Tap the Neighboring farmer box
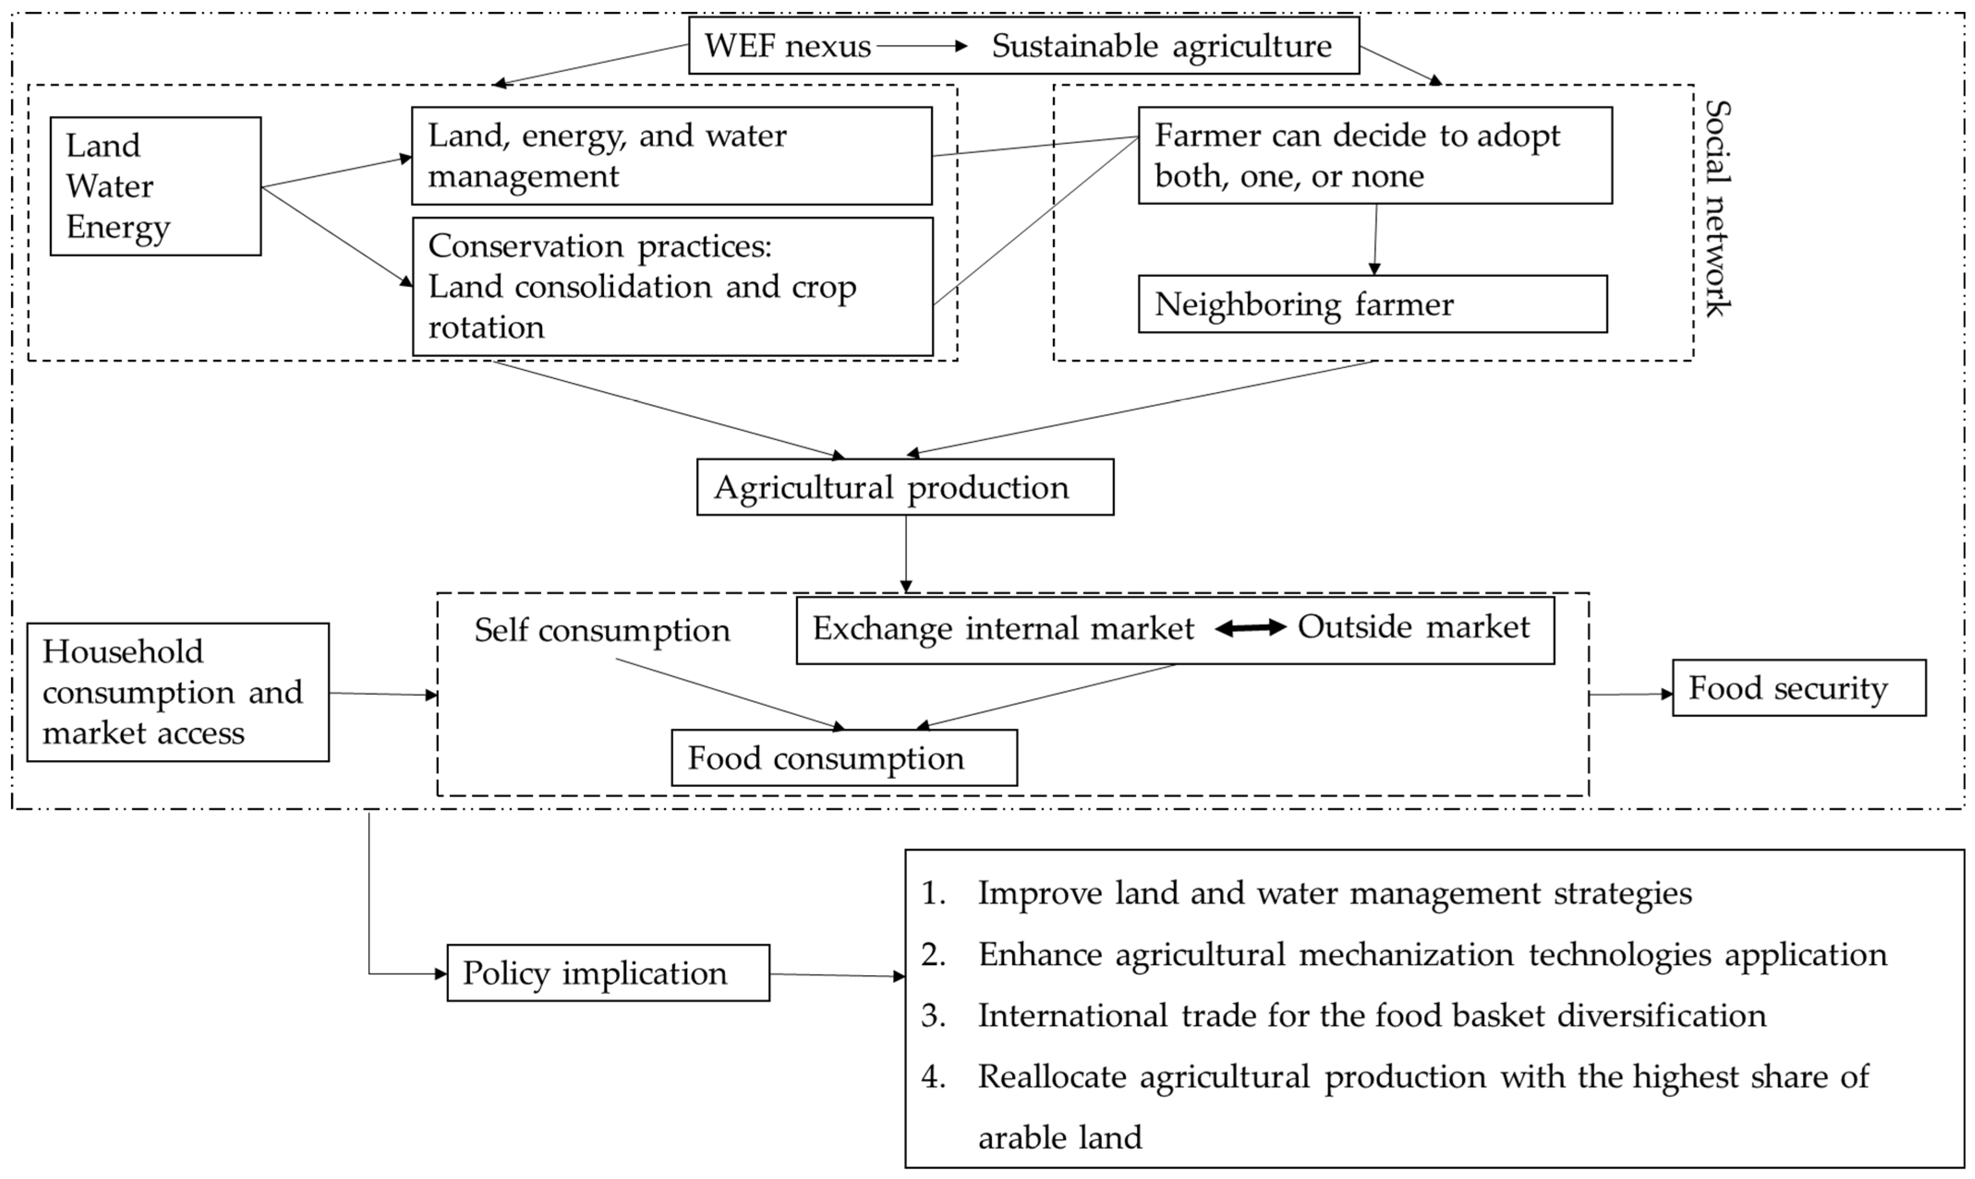pyautogui.click(x=1372, y=304)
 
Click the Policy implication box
pyautogui.click(x=608, y=973)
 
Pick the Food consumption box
pyautogui.click(x=844, y=758)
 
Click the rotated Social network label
pyautogui.click(x=1718, y=208)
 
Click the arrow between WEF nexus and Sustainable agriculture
pyautogui.click(x=922, y=46)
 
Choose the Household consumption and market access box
pyautogui.click(x=178, y=692)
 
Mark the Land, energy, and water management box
pyautogui.click(x=671, y=156)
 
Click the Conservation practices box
pyautogui.click(x=672, y=287)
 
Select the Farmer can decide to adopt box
pyautogui.click(x=1374, y=156)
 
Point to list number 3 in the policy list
pyautogui.click(x=933, y=1016)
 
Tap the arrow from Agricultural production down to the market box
pyautogui.click(x=906, y=554)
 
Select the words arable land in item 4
pyautogui.click(x=1060, y=1138)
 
